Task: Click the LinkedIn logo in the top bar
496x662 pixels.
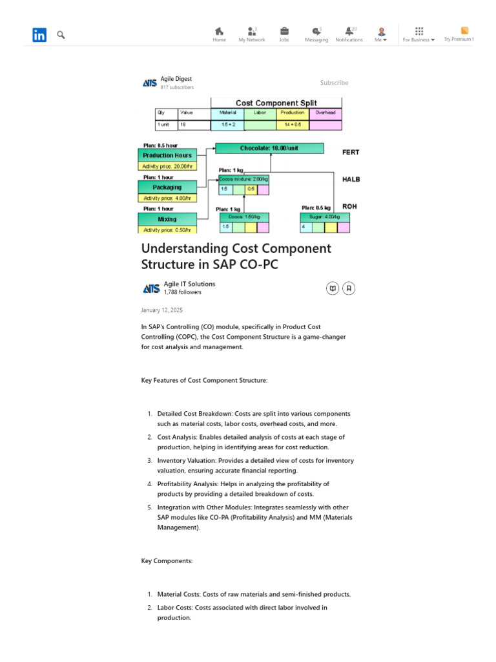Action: click(x=39, y=35)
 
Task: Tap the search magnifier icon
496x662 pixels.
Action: click(x=61, y=35)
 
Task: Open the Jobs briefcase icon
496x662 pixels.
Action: click(x=284, y=31)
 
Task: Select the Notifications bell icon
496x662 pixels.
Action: click(x=349, y=31)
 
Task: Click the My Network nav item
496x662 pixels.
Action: click(x=251, y=34)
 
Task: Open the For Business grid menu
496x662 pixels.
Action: click(x=419, y=31)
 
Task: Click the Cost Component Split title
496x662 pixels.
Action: click(x=276, y=103)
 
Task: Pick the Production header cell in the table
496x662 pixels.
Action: click(x=293, y=112)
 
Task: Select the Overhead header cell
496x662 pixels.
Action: click(x=325, y=112)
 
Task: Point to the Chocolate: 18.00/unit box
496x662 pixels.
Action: click(x=269, y=148)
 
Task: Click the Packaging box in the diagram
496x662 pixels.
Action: click(x=167, y=187)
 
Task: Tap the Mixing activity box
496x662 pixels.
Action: click(x=167, y=219)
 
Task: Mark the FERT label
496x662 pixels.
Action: click(x=350, y=153)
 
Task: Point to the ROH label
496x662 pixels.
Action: click(x=349, y=206)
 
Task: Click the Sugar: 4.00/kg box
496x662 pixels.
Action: click(x=325, y=217)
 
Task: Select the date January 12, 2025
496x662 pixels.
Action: click(x=161, y=310)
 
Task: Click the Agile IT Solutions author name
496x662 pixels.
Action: click(x=189, y=284)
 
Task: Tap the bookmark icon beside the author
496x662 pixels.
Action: click(x=349, y=288)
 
